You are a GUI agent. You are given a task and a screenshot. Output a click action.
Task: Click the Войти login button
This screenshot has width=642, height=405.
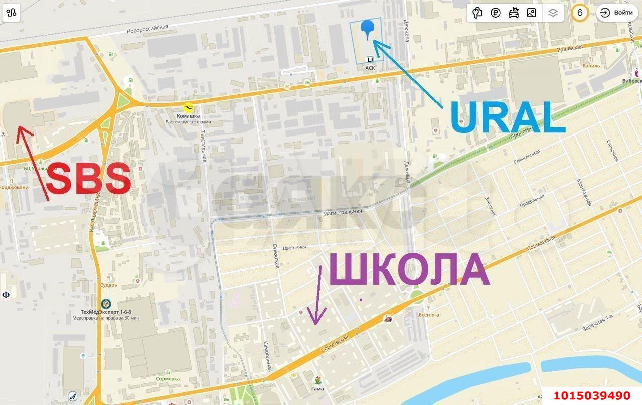(x=617, y=13)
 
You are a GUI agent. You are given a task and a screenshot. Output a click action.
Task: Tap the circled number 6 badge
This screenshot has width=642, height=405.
(x=580, y=13)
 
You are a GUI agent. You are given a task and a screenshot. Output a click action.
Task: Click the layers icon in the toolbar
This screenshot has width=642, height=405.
(x=553, y=13)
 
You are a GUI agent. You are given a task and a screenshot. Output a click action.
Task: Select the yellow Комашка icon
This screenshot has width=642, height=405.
(x=188, y=107)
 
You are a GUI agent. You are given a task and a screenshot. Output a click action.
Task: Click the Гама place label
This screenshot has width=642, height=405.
(x=317, y=389)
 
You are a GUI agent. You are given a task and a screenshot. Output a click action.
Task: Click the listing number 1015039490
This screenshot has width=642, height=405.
(x=591, y=396)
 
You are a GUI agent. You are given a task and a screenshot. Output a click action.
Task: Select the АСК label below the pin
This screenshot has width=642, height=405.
(x=370, y=68)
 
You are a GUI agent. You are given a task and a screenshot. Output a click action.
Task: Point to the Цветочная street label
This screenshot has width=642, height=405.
(x=294, y=247)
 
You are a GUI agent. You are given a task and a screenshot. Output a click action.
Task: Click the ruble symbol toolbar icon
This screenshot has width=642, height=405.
(x=495, y=13)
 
